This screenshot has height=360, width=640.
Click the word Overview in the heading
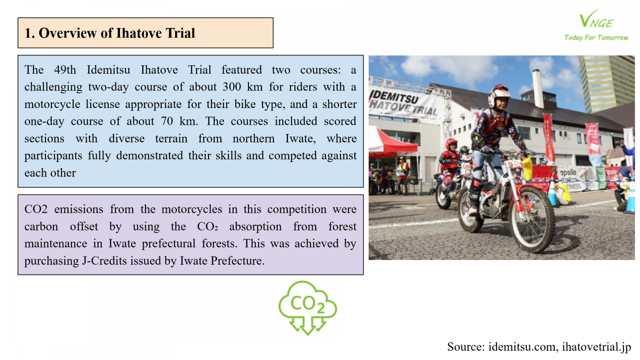68,33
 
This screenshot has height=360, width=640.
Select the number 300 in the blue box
232,87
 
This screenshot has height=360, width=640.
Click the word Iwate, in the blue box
300,138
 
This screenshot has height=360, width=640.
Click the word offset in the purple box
84,226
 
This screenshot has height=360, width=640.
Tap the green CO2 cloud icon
308,308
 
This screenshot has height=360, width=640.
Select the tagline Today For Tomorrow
596,38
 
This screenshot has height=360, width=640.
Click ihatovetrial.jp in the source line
596,347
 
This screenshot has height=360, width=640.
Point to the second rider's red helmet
452,144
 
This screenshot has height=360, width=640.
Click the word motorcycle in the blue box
52,104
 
